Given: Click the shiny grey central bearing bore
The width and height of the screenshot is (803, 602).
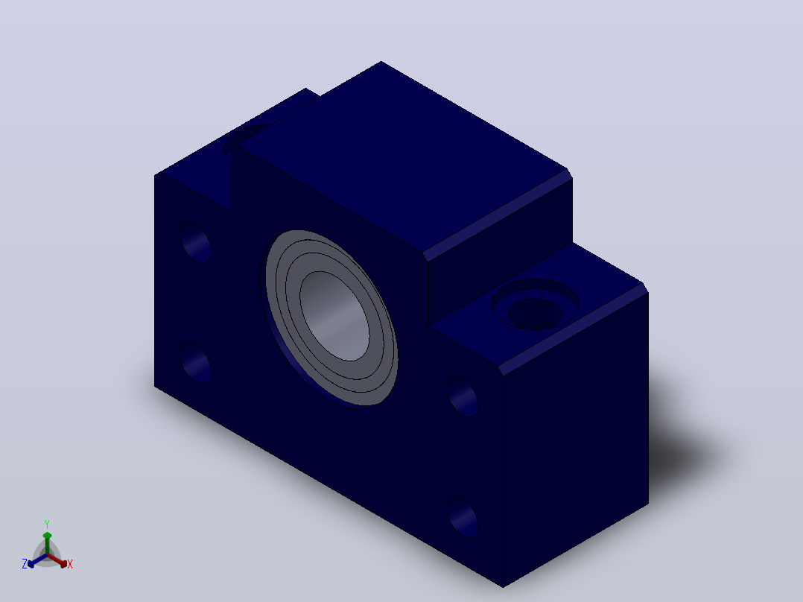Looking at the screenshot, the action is [334, 316].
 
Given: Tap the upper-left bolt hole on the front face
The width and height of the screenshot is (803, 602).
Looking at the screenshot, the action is [195, 242].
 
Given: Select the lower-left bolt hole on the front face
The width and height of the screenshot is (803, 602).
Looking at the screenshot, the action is [195, 362].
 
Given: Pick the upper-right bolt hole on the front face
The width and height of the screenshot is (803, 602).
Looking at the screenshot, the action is [463, 396].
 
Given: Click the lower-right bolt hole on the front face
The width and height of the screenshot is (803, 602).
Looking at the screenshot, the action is [463, 516].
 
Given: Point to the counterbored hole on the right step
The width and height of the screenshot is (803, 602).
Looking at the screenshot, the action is [535, 304].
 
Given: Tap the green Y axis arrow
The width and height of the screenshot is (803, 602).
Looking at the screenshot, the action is [47, 543].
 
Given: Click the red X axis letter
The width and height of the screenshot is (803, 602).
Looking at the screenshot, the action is [70, 564].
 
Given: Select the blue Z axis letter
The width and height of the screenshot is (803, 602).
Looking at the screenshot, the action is [24, 564].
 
